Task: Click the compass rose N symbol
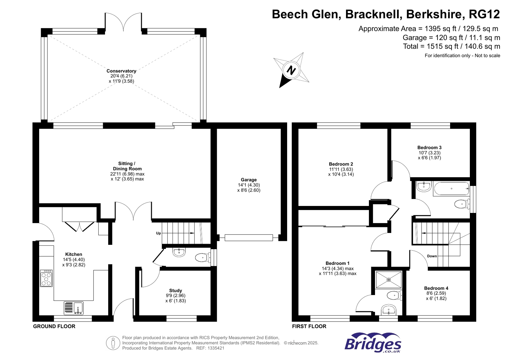[291, 70]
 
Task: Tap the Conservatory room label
[121, 71]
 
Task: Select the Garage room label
[249, 180]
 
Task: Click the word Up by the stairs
[159, 233]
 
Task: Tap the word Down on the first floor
[432, 256]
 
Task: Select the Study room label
[175, 290]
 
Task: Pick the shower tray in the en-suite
[388, 280]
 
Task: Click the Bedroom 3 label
[429, 147]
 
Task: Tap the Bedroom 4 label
[436, 288]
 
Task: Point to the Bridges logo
[373, 343]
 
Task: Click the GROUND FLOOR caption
[54, 326]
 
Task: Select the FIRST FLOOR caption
[309, 326]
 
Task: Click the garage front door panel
[249, 237]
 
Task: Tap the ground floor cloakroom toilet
[202, 258]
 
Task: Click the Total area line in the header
[451, 46]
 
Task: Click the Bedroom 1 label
[337, 263]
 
